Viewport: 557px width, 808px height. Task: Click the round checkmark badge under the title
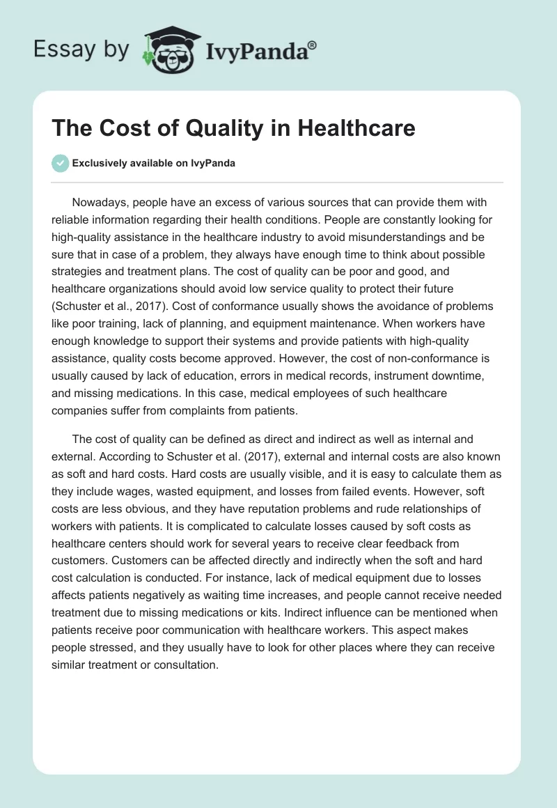click(61, 163)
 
